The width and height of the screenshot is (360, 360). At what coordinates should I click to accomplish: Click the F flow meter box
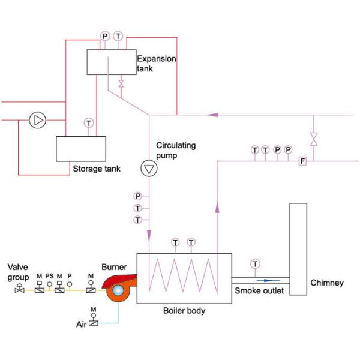302,161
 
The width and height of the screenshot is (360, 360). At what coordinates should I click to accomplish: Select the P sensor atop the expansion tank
106,37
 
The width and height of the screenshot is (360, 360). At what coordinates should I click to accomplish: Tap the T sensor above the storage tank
89,122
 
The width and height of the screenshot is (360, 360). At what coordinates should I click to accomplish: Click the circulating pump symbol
148,169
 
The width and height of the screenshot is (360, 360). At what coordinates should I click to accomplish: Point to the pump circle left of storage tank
38,121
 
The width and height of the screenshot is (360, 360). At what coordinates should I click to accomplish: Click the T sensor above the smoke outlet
256,263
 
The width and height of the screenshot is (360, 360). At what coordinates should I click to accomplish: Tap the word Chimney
327,283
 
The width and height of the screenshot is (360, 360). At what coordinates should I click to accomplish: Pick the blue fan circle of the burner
116,292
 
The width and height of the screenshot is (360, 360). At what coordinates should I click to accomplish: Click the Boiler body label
184,311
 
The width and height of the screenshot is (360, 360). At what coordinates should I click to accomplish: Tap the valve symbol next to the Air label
93,323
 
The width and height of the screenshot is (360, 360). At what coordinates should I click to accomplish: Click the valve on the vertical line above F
313,140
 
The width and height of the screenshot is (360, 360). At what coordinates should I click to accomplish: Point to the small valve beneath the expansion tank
121,84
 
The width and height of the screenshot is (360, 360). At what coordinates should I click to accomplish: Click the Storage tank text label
96,169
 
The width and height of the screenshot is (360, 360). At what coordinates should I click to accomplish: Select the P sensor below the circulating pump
138,196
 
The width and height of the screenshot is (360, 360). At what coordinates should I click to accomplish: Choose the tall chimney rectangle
298,249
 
